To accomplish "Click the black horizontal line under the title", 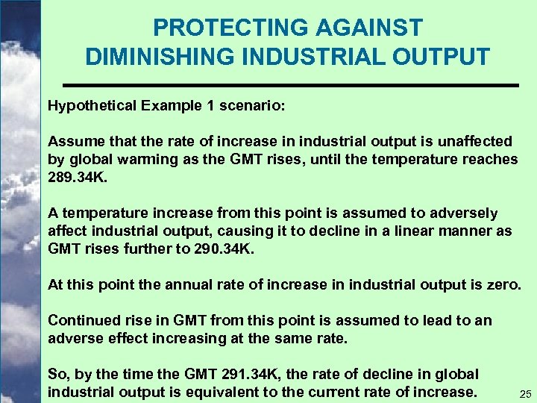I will click(x=289, y=86).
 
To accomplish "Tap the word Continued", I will click(x=81, y=320).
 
